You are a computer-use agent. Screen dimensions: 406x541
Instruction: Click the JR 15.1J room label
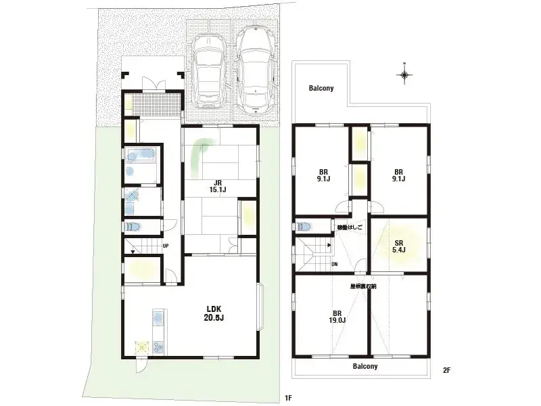[216, 186]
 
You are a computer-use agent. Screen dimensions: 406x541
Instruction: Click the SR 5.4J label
[399, 246]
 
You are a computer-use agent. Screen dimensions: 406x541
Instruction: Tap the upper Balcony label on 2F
[321, 89]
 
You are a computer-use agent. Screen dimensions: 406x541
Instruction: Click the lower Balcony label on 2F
[365, 366]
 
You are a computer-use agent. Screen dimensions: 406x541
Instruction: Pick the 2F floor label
[446, 369]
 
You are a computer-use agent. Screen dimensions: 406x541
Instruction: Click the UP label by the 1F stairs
[166, 246]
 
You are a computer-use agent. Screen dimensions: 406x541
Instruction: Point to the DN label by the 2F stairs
[334, 265]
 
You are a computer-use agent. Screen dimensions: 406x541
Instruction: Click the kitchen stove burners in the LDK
[143, 346]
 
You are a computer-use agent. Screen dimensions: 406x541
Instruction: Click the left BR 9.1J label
[324, 175]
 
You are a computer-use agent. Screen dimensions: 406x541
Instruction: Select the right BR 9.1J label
[399, 175]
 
